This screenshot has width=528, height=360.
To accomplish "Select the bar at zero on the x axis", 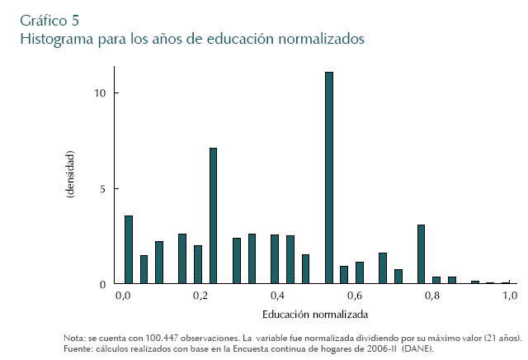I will tap(128, 249).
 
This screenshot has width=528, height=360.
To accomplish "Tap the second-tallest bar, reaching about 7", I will tap(213, 216).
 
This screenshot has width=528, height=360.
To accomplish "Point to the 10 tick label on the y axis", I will tap(99, 93).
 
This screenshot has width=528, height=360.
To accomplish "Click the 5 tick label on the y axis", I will tap(101, 189).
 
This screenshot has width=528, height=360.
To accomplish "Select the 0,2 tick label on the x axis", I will tap(200, 296).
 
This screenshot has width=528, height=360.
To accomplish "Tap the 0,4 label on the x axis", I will tap(276, 296).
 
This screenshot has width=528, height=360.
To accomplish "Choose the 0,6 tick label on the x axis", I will tap(354, 296).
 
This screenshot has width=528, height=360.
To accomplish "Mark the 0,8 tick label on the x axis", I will tap(431, 296).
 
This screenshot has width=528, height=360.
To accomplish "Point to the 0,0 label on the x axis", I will tap(123, 296).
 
